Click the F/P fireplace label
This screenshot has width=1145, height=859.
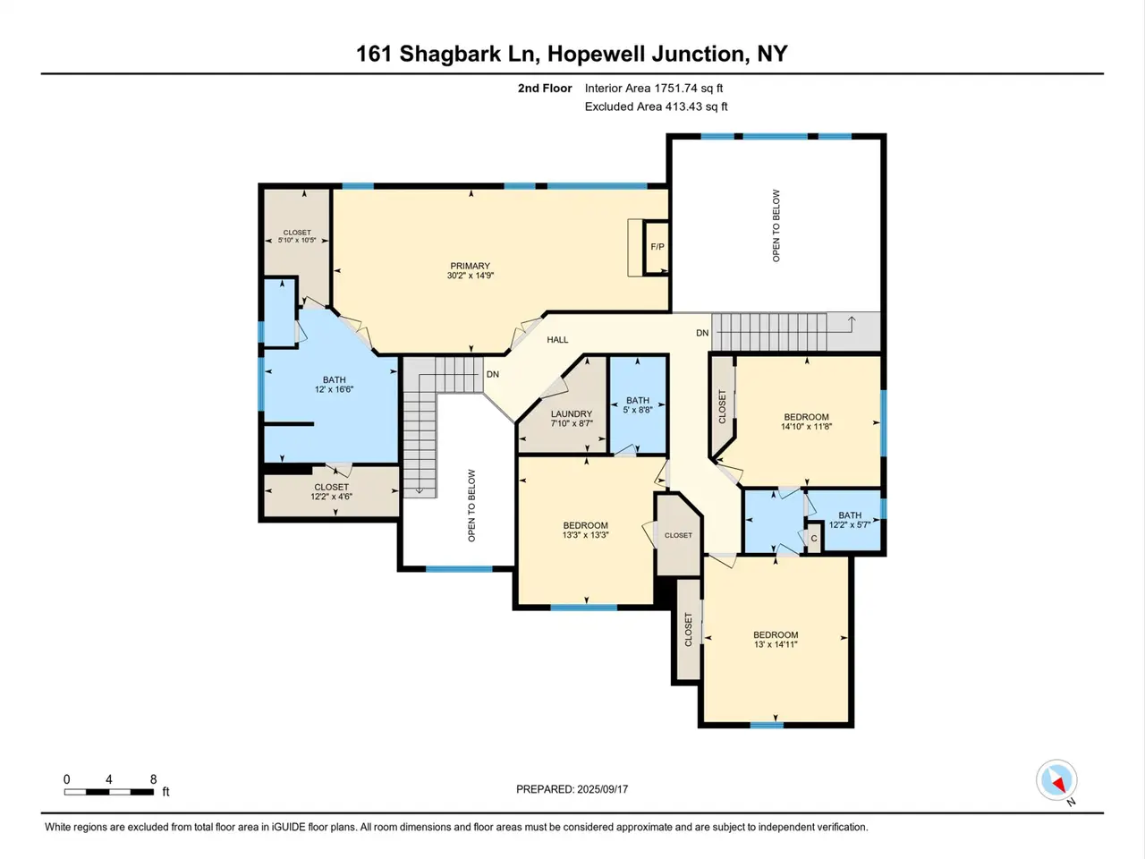(657, 247)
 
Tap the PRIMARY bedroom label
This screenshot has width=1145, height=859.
(470, 266)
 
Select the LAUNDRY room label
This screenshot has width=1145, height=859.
(572, 414)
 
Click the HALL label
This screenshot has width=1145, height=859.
(557, 340)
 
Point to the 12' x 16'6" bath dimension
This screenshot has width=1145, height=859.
(334, 389)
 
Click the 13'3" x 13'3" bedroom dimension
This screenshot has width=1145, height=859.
(585, 535)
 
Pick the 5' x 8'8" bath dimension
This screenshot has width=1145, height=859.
(638, 410)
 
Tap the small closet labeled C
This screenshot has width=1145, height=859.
(814, 539)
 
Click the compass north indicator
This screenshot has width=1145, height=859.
(1056, 780)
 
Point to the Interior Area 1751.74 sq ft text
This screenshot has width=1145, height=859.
(654, 89)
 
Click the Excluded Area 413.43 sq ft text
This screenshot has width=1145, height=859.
(656, 106)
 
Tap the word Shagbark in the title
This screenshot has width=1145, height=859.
(451, 55)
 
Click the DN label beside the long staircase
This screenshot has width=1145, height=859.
(702, 333)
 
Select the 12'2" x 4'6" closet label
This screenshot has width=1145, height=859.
(331, 492)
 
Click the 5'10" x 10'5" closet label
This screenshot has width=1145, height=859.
(297, 236)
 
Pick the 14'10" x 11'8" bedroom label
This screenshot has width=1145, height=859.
(807, 421)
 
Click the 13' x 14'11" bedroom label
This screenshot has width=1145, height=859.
(776, 640)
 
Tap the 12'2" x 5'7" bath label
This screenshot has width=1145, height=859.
(850, 520)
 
